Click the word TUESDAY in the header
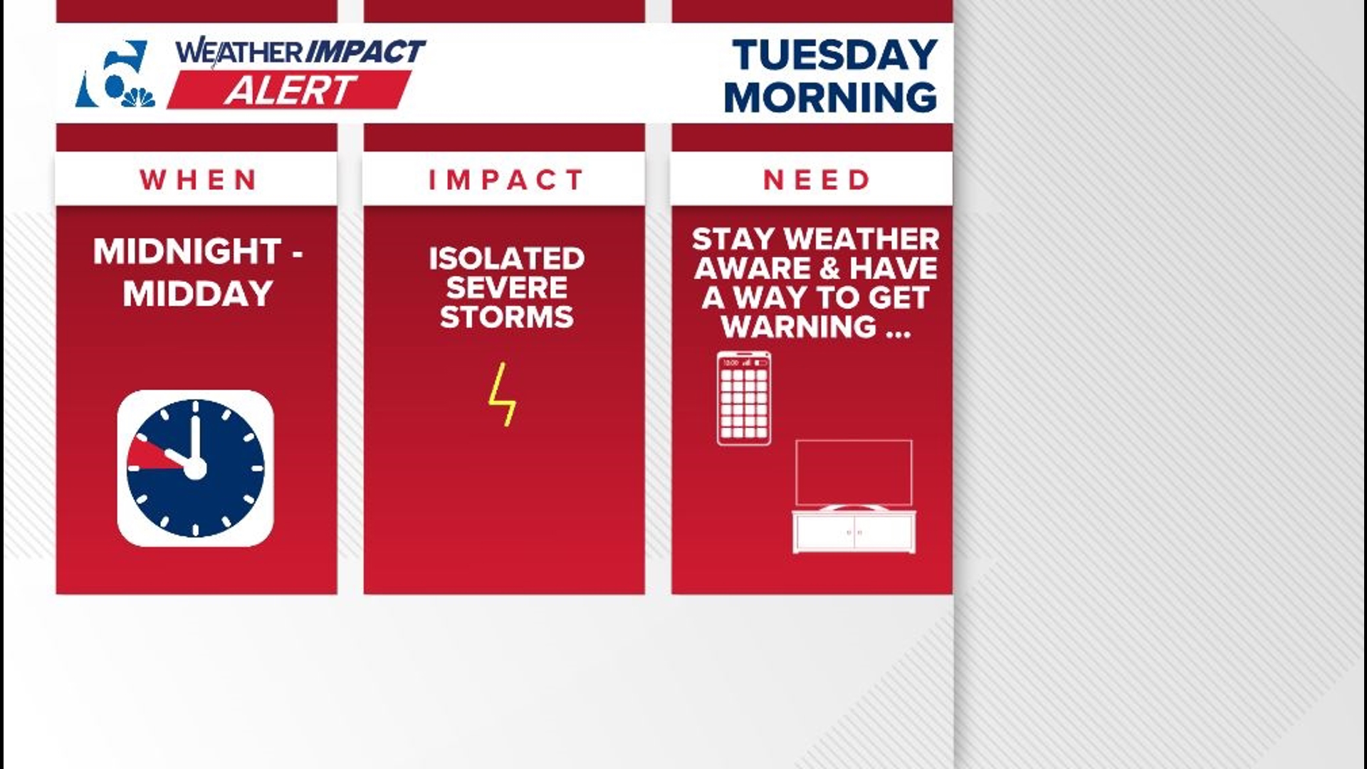tap(834, 55)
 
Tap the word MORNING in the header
tap(830, 97)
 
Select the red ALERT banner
tap(289, 90)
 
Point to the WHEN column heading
tap(197, 180)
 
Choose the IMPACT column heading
tap(506, 180)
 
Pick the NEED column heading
tap(816, 180)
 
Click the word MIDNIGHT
tap(187, 251)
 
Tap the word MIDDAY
tap(198, 294)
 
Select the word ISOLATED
tap(506, 258)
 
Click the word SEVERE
tap(506, 288)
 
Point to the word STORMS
tap(506, 317)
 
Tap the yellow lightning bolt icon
tap(502, 394)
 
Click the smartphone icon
tap(744, 398)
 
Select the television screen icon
tap(854, 472)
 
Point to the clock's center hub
tap(195, 468)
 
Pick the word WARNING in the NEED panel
tap(799, 327)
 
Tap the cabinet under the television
tap(854, 531)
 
